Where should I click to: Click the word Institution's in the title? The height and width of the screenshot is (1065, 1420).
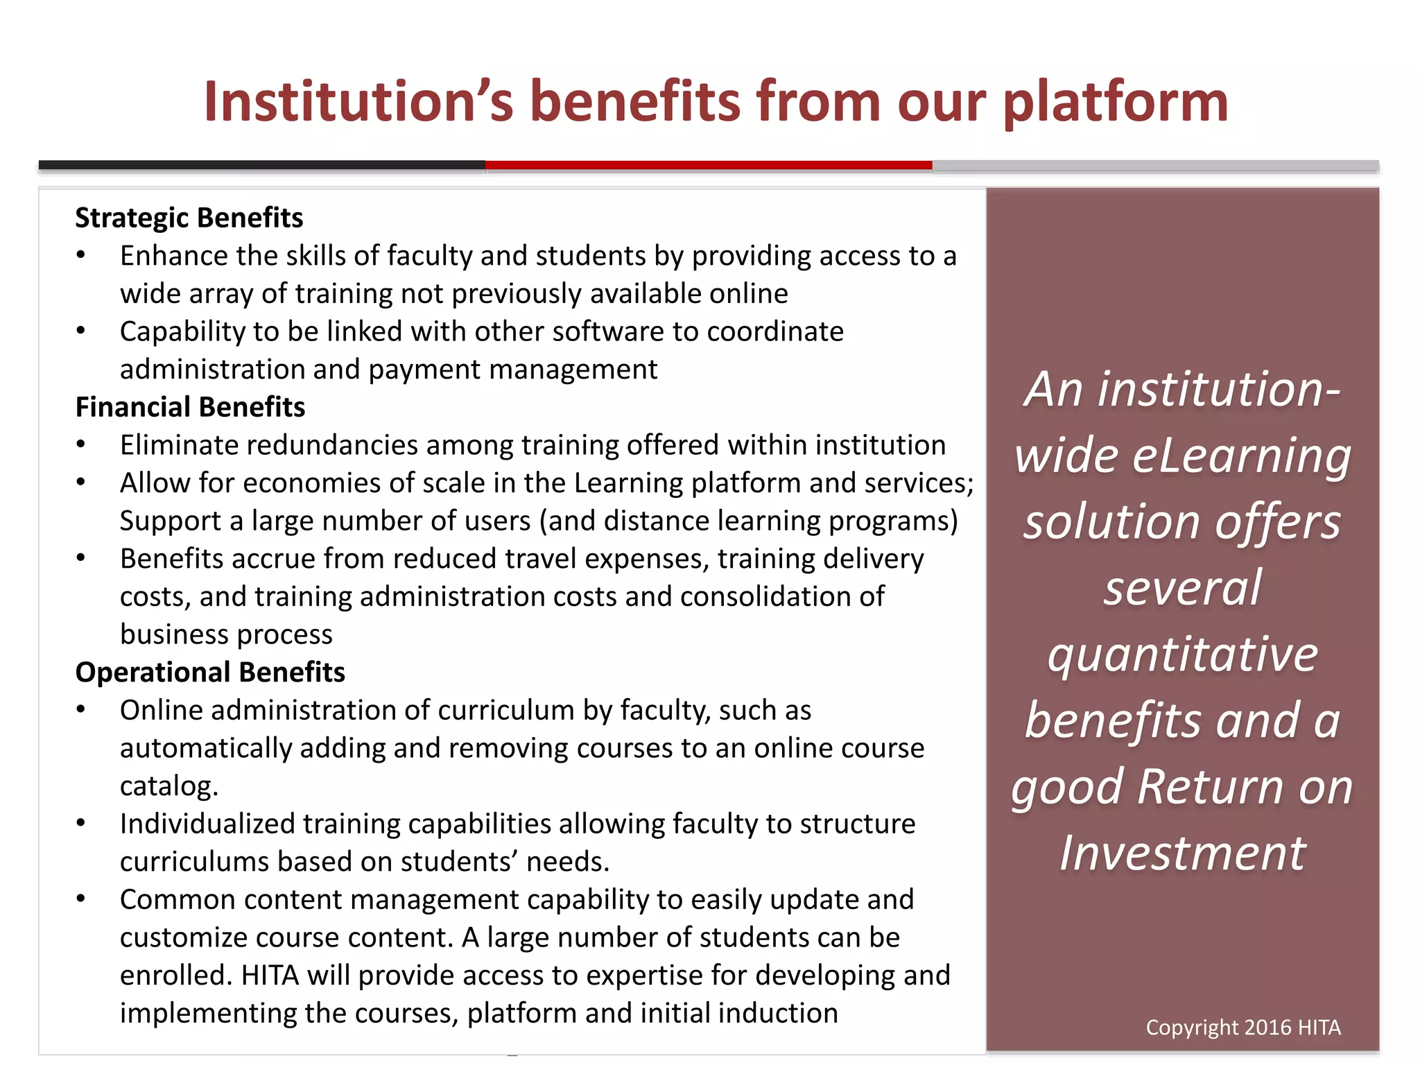pos(358,101)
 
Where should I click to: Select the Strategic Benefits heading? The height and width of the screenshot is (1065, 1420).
pos(189,218)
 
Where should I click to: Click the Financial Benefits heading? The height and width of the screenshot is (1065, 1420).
pos(190,407)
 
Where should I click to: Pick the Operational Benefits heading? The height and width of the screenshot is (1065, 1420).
pos(210,672)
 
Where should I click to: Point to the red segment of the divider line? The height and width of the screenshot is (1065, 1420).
pos(708,165)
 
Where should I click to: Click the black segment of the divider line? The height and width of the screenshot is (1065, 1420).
pos(261,165)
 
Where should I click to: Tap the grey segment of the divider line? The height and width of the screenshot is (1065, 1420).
pos(1155,166)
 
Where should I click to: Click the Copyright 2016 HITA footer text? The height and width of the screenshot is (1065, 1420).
pos(1242,1027)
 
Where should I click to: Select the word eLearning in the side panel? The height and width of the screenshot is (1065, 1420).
pos(1241,456)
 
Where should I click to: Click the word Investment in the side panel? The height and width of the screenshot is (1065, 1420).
pos(1182,853)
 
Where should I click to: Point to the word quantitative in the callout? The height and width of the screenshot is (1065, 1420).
pos(1182,654)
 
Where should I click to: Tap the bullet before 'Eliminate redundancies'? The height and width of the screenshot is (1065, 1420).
pos(81,444)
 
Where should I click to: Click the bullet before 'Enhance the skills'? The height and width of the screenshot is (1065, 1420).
pos(81,255)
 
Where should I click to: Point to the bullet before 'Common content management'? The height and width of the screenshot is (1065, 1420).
pos(81,899)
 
